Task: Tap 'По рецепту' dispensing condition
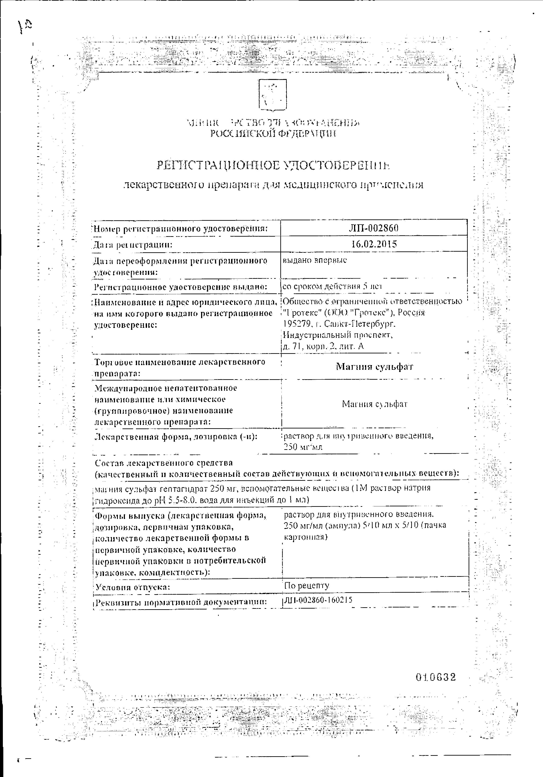pos(307,585)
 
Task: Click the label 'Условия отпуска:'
pos(132,587)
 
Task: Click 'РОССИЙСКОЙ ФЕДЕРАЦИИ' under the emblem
pos(273,134)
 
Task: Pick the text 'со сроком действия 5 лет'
pos(333,287)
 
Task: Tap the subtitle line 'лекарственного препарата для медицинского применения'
pos(273,185)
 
